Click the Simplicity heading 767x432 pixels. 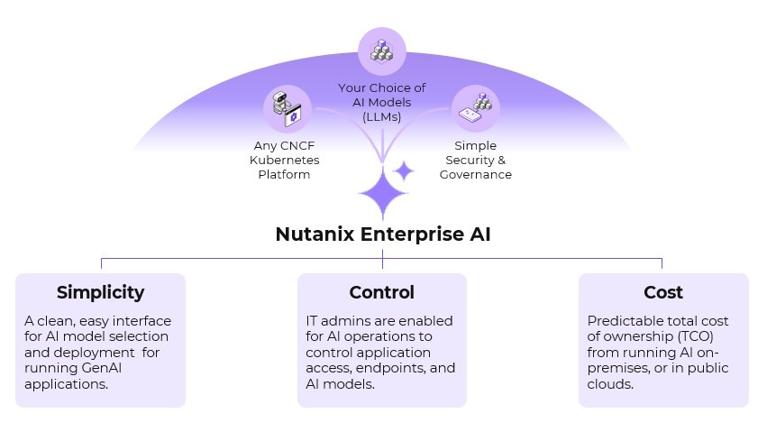click(100, 292)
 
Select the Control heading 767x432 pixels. click(382, 292)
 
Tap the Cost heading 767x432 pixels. click(663, 292)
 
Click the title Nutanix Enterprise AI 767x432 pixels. click(382, 234)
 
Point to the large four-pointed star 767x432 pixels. click(383, 192)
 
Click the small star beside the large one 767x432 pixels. click(404, 170)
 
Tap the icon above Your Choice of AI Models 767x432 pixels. click(382, 51)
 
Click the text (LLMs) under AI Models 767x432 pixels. click(382, 117)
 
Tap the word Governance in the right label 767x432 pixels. click(475, 174)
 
